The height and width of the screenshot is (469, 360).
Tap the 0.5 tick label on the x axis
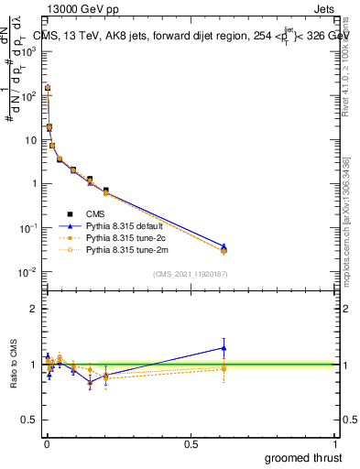[x=191, y=444]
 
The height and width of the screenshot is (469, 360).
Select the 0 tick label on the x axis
[x=47, y=444]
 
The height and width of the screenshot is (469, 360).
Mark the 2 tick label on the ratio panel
[x=34, y=309]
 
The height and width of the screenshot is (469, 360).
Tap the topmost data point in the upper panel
[x=48, y=88]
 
